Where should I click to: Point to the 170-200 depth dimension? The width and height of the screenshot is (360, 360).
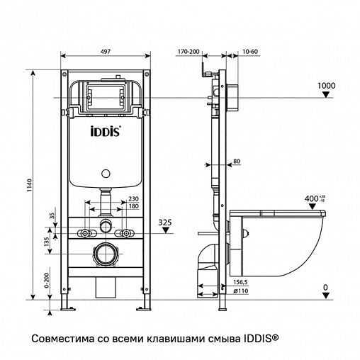189,52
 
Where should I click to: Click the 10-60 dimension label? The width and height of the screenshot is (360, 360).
240,52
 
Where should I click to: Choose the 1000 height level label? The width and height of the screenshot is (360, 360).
325,86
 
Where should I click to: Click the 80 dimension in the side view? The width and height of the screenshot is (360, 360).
237,162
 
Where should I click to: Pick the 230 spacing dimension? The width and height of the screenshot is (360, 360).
133,200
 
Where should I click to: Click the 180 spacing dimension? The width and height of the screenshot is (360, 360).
133,207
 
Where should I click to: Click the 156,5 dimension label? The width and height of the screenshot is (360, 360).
231,283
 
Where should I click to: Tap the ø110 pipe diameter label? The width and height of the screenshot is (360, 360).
232,291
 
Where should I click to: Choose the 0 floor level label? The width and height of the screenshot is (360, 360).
325,288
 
